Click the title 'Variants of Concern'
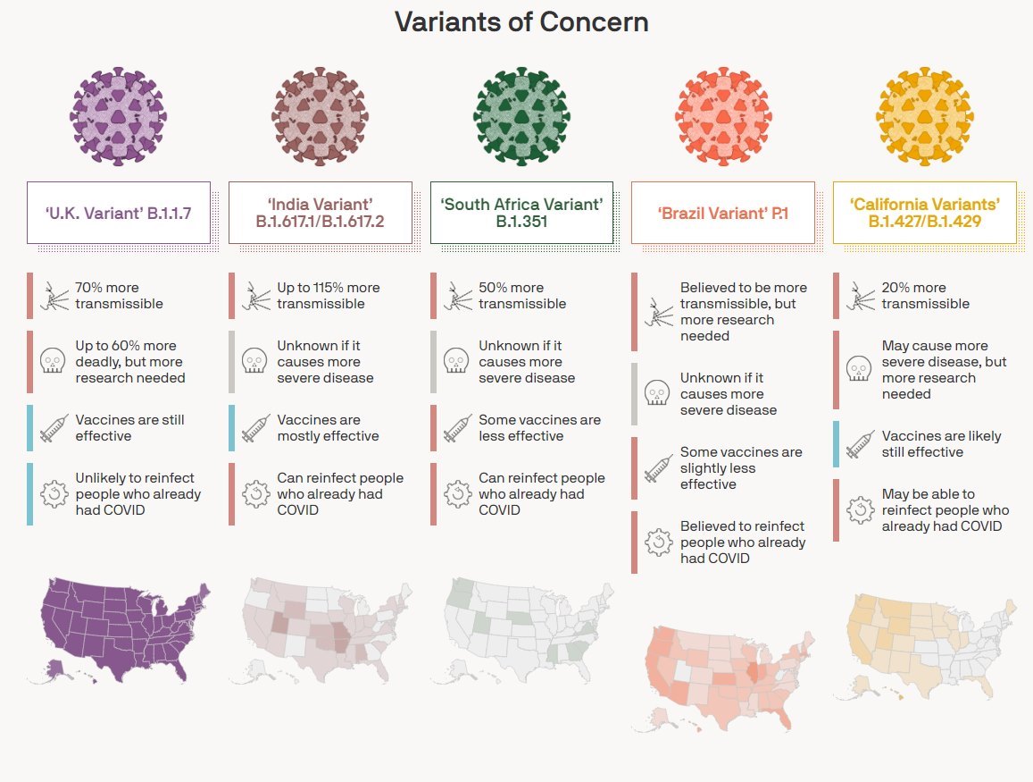click(x=521, y=22)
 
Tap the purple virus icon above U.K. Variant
click(x=118, y=117)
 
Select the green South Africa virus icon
click(x=521, y=117)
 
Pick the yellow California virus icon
click(x=925, y=117)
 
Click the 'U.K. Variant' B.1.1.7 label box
click(x=118, y=213)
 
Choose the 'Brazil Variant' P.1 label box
click(x=723, y=213)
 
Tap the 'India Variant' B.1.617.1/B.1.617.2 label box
click(x=320, y=213)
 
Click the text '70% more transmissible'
click(x=119, y=296)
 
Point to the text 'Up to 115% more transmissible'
click(x=328, y=296)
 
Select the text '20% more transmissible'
click(x=925, y=296)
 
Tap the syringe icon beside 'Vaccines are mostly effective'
click(x=256, y=427)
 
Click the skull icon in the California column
click(x=859, y=369)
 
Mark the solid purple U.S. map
click(x=121, y=628)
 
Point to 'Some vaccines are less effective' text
click(x=539, y=428)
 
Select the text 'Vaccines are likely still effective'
click(x=941, y=444)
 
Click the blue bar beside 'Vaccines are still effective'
click(x=29, y=427)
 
